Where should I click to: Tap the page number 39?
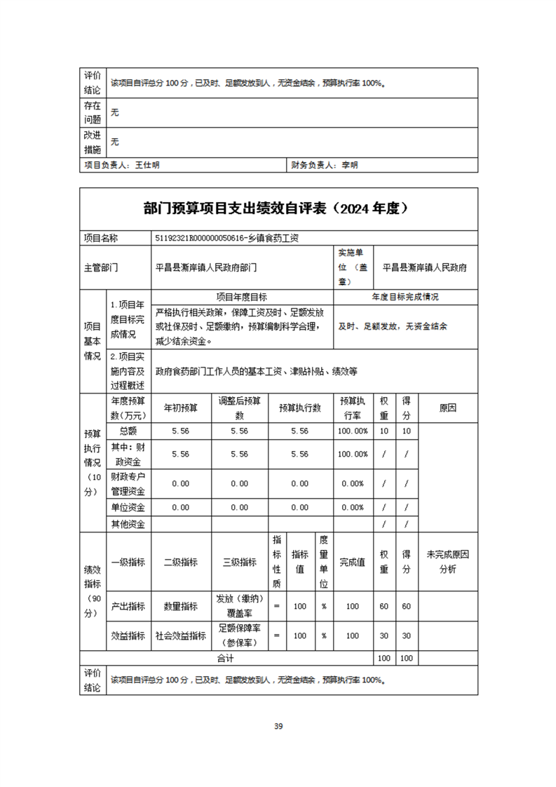(x=278, y=726)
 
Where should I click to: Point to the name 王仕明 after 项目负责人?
(x=147, y=166)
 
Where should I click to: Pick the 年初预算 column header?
(x=181, y=408)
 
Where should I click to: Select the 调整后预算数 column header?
(x=240, y=408)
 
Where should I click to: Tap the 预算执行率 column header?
(x=352, y=408)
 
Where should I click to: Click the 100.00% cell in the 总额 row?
(x=352, y=431)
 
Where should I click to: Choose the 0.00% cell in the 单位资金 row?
(x=352, y=507)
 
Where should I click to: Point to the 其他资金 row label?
(x=128, y=524)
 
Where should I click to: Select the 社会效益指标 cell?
(x=181, y=635)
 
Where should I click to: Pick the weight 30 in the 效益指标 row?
(x=384, y=635)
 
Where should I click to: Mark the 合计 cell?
(x=225, y=659)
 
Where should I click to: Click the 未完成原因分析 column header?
(x=447, y=562)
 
